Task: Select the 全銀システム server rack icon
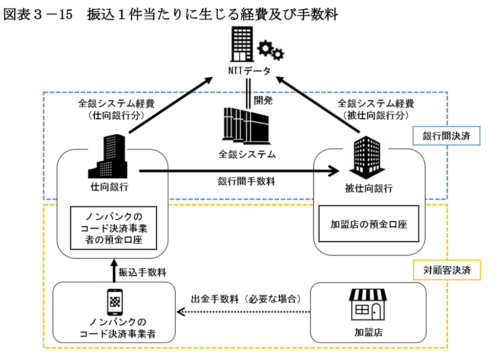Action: [x=247, y=125]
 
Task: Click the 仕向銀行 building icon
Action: [x=107, y=156]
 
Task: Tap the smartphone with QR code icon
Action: [x=115, y=302]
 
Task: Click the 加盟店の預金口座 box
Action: [x=368, y=224]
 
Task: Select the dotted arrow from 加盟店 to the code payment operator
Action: [x=245, y=311]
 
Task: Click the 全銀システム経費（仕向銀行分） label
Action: [x=109, y=109]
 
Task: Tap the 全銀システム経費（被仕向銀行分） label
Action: [x=370, y=109]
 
